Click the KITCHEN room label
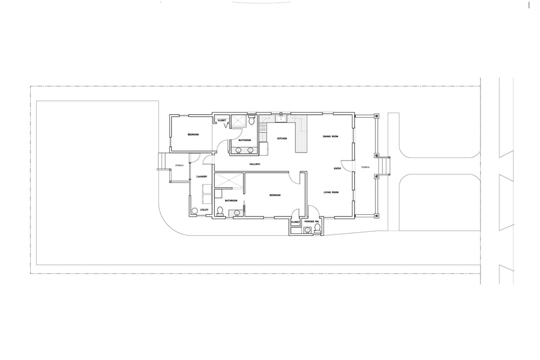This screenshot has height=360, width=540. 282,138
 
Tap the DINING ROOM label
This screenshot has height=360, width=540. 330,137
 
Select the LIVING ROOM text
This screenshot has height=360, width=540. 331,193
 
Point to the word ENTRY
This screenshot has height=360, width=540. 337,168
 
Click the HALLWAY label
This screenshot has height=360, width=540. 255,164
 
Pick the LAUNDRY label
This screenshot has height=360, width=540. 202,177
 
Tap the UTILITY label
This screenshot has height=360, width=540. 204,210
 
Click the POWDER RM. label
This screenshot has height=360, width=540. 312,222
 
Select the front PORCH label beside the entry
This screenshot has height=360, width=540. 365,167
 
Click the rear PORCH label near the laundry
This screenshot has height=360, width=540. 179,165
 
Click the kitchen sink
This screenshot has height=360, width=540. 280,118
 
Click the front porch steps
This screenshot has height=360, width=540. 385,166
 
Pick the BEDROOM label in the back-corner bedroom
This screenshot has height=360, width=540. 193,134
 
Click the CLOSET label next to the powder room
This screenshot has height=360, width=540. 295,222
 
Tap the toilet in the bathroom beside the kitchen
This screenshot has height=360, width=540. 251,121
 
